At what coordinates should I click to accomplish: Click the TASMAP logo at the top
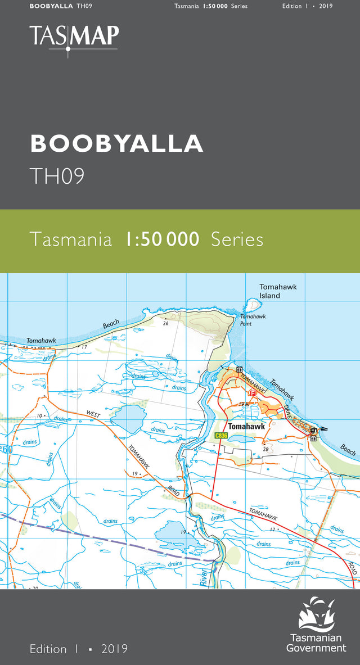(74, 37)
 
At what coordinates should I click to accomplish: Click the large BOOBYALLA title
(116, 143)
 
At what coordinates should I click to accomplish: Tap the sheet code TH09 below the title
(57, 176)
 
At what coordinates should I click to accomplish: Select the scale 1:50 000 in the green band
(162, 239)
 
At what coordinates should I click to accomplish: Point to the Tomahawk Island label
(278, 291)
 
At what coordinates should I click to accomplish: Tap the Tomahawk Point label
(253, 320)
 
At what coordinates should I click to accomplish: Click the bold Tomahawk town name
(246, 427)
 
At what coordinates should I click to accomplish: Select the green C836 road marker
(221, 436)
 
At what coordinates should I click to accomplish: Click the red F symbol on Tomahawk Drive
(252, 393)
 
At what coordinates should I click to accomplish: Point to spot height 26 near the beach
(165, 323)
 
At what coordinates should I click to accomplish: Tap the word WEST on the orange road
(93, 414)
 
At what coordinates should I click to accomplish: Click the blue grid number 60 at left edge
(7, 449)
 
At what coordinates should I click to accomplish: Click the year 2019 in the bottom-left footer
(115, 649)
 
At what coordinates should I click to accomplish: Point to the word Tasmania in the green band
(71, 239)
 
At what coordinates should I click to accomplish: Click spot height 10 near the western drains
(39, 415)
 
